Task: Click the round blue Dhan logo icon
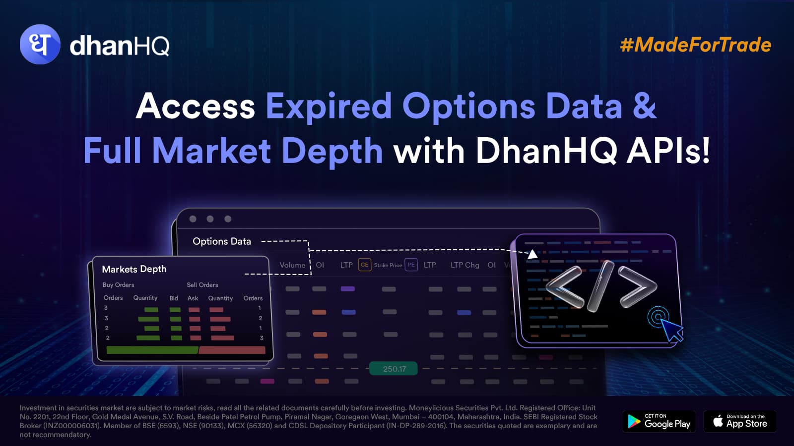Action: tap(40, 44)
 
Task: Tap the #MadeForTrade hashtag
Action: tap(695, 45)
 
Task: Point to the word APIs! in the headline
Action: tap(668, 151)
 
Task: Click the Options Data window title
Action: tap(221, 241)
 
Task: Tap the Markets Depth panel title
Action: tap(134, 270)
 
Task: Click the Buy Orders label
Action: tap(119, 285)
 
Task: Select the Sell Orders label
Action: tap(202, 285)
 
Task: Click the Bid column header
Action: tap(174, 298)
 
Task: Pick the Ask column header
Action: tap(193, 298)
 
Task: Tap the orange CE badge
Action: tap(364, 265)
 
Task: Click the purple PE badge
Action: tap(411, 265)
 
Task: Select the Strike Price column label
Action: tap(388, 265)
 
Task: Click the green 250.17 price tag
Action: tap(394, 369)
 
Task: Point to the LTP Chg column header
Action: tap(464, 265)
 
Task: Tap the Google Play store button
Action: tap(659, 421)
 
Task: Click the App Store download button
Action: tap(740, 421)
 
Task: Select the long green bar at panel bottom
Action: tap(152, 350)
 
